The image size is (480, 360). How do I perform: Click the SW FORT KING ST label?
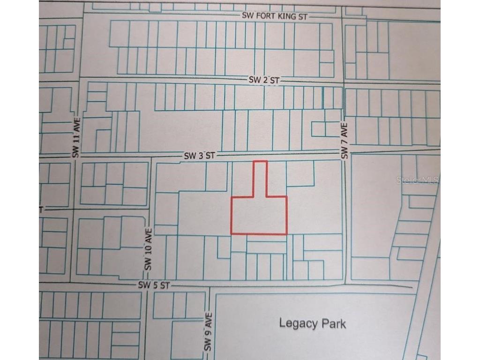275,16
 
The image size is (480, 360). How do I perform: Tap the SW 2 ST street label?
264,80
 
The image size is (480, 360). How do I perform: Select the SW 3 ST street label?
199,156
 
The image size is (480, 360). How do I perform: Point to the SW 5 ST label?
153,285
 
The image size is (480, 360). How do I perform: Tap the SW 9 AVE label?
209,333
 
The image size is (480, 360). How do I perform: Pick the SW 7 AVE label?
345,141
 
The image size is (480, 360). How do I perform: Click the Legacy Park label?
312,323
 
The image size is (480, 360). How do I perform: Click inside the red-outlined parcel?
259,215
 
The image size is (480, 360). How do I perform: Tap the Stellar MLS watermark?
417,180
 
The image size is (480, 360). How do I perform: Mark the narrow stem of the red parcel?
261,178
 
